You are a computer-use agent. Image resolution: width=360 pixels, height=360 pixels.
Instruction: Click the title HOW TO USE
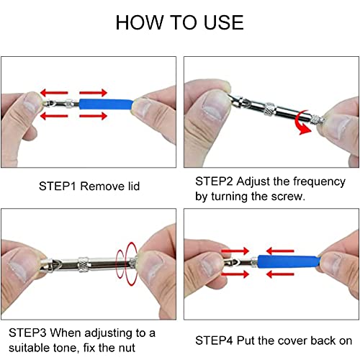180,22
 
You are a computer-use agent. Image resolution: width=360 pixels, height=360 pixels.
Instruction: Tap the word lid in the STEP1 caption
134,186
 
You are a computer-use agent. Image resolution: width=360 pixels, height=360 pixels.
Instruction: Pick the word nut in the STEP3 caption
127,348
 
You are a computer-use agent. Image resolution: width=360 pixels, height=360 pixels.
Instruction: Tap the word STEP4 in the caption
214,341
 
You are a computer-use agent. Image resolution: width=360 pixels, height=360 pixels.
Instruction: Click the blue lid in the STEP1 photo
106,104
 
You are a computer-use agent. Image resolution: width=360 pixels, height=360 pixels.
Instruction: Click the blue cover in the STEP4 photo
289,262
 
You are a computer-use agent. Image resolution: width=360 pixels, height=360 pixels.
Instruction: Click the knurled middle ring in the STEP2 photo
270,109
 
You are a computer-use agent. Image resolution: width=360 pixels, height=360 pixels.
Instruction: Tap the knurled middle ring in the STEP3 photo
84,264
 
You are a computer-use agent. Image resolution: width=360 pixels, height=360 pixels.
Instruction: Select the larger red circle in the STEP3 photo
132,264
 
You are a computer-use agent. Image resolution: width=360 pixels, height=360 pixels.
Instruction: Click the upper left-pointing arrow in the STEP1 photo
54,93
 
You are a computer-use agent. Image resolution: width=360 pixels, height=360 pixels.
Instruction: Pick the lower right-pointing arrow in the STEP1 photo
93,116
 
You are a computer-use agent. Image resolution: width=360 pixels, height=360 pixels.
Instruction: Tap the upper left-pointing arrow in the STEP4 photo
280,251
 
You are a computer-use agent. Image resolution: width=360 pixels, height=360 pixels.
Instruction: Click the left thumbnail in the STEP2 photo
215,106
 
